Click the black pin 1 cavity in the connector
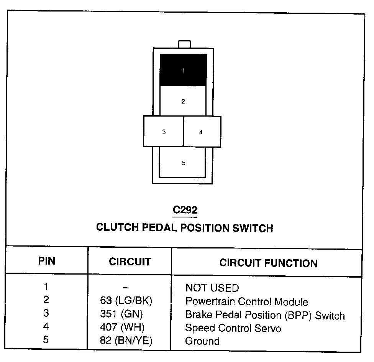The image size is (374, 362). (183, 70)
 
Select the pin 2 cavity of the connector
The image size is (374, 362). (183, 101)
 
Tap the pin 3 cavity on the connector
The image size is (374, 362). (164, 132)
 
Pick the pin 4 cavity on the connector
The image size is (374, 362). (202, 132)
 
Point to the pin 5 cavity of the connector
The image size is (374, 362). (183, 163)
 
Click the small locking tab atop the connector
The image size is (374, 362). (184, 44)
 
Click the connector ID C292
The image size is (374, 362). (185, 210)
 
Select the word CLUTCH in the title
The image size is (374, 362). (117, 227)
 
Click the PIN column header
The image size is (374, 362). (47, 262)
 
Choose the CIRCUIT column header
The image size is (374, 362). (130, 262)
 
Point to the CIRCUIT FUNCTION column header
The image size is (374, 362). (268, 263)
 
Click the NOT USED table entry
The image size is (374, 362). (212, 288)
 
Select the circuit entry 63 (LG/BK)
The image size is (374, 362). (126, 301)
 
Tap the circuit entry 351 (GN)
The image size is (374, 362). (121, 314)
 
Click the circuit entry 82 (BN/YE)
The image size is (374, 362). (126, 341)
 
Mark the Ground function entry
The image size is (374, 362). (202, 341)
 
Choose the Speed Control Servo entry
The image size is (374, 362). (233, 328)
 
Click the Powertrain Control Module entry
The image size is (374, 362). (246, 302)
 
